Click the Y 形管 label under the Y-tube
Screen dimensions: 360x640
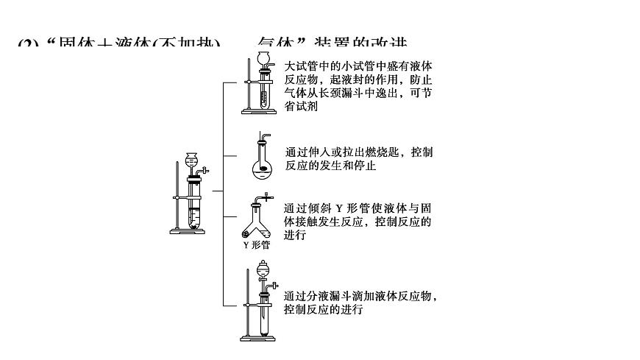tap(256, 245)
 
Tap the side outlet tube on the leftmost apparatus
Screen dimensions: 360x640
tap(207, 171)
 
